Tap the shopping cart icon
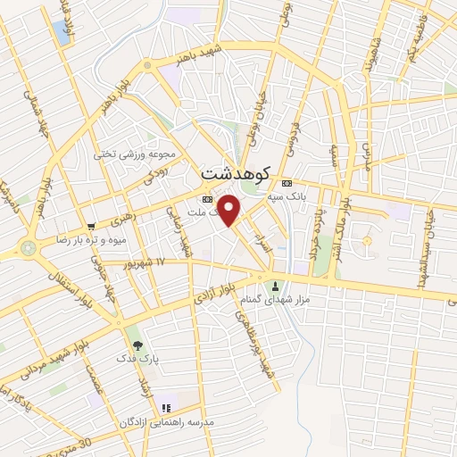[x=92, y=226]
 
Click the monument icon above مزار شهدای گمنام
[x=275, y=287]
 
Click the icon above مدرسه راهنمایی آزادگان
[x=166, y=408]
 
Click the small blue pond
[x=62, y=33]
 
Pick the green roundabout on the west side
[x=29, y=245]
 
